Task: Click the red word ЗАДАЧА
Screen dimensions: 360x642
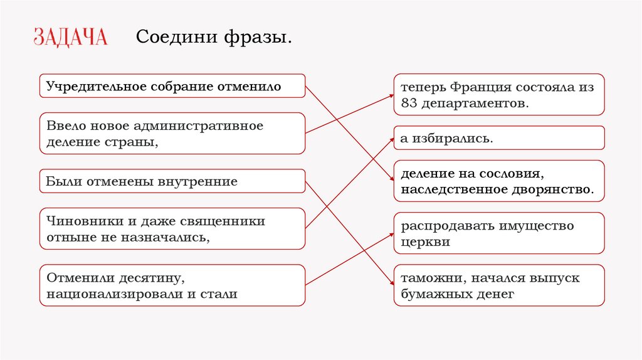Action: click(x=70, y=37)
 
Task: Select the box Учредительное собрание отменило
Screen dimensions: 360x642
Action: click(x=172, y=86)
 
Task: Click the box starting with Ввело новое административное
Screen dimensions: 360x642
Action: click(x=172, y=134)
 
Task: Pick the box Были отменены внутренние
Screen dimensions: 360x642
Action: click(x=172, y=182)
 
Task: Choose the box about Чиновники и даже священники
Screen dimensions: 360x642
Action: click(x=172, y=230)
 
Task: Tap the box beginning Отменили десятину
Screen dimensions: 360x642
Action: click(x=172, y=285)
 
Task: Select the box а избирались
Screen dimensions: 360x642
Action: click(x=499, y=138)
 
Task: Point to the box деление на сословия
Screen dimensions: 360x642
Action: click(x=499, y=181)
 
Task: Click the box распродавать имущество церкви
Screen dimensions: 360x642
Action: click(x=499, y=233)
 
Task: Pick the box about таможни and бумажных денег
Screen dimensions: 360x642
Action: click(x=499, y=285)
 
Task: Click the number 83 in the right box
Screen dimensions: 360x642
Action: click(x=409, y=103)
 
